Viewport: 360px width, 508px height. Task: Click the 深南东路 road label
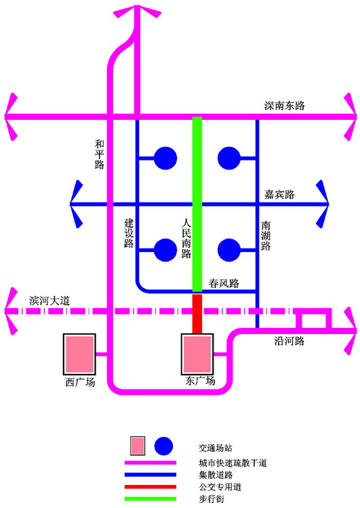(285, 106)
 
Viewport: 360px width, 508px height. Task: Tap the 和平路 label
(100, 154)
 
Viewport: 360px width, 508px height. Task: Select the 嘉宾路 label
(279, 194)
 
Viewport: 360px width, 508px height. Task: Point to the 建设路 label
(129, 233)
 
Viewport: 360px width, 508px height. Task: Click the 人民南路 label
(186, 238)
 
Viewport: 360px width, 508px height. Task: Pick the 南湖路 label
(266, 236)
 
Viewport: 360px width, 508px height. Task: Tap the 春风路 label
(224, 283)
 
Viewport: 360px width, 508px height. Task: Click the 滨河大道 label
(49, 301)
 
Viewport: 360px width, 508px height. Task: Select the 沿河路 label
(289, 341)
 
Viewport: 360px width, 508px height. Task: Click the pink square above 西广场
(79, 354)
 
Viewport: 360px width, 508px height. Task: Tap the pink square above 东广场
(197, 354)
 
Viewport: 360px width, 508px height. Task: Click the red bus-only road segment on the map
(197, 314)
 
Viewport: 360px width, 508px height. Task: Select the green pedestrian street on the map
(197, 204)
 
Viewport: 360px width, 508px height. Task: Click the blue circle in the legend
(163, 446)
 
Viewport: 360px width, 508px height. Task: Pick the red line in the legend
(151, 486)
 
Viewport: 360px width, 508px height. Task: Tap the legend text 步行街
(211, 499)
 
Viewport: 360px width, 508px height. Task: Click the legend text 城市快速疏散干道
(233, 463)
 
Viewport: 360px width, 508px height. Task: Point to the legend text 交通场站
(216, 448)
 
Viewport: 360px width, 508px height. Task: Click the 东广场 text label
(200, 381)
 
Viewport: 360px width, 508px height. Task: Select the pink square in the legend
(138, 446)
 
